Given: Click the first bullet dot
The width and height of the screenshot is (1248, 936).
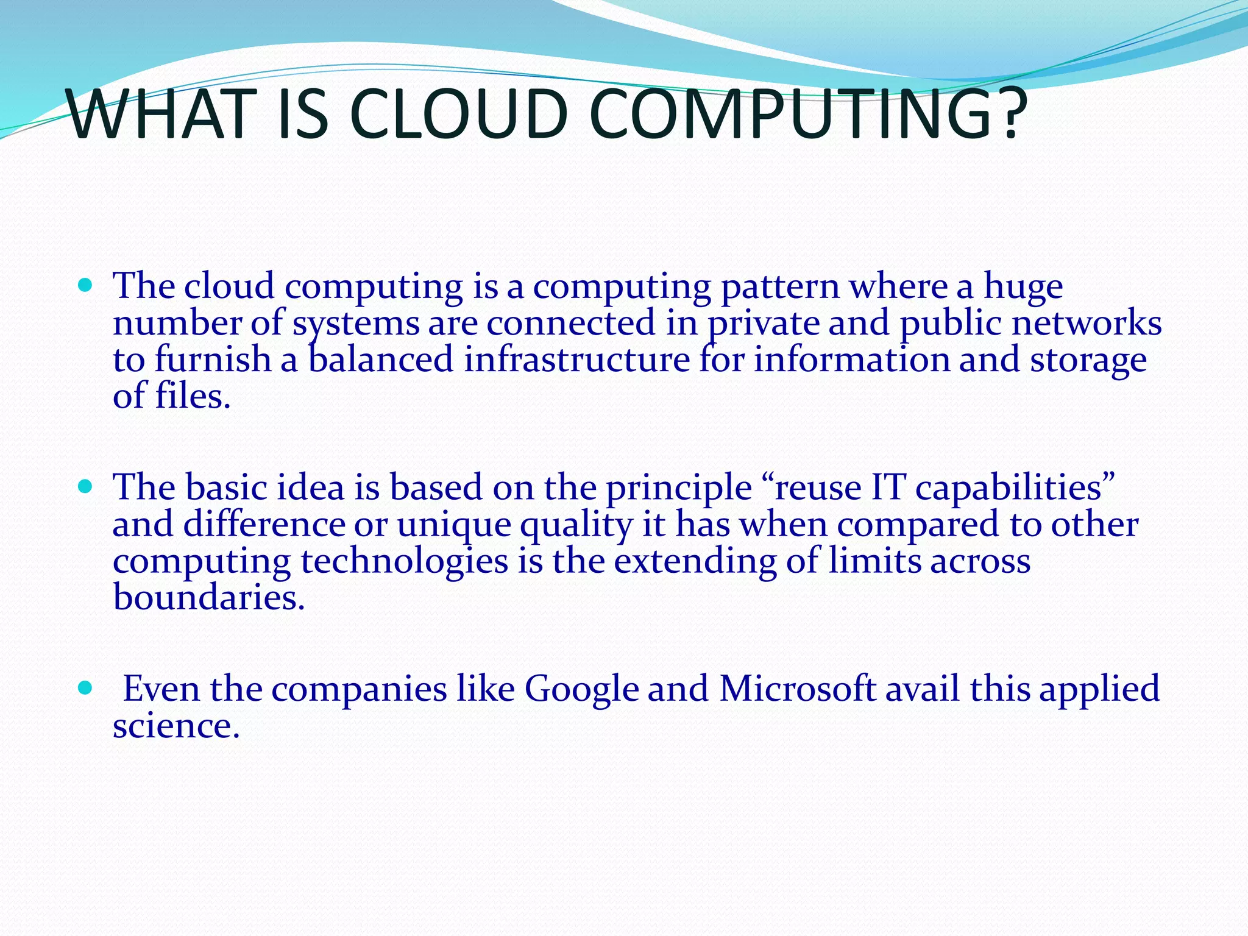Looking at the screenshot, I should (x=85, y=285).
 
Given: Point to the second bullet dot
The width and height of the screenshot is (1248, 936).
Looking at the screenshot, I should (x=85, y=486).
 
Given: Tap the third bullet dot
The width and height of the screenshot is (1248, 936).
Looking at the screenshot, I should (x=85, y=688).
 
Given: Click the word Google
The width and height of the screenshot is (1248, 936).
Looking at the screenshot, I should (x=581, y=689).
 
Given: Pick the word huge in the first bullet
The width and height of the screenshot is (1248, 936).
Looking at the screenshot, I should (x=1023, y=288).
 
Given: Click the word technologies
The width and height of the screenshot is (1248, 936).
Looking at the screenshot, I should (x=404, y=562).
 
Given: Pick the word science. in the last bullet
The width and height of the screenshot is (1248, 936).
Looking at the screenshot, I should (x=176, y=725).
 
